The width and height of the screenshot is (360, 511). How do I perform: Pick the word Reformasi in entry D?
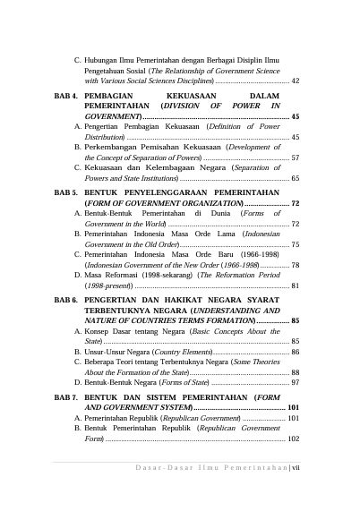click(129, 276)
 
